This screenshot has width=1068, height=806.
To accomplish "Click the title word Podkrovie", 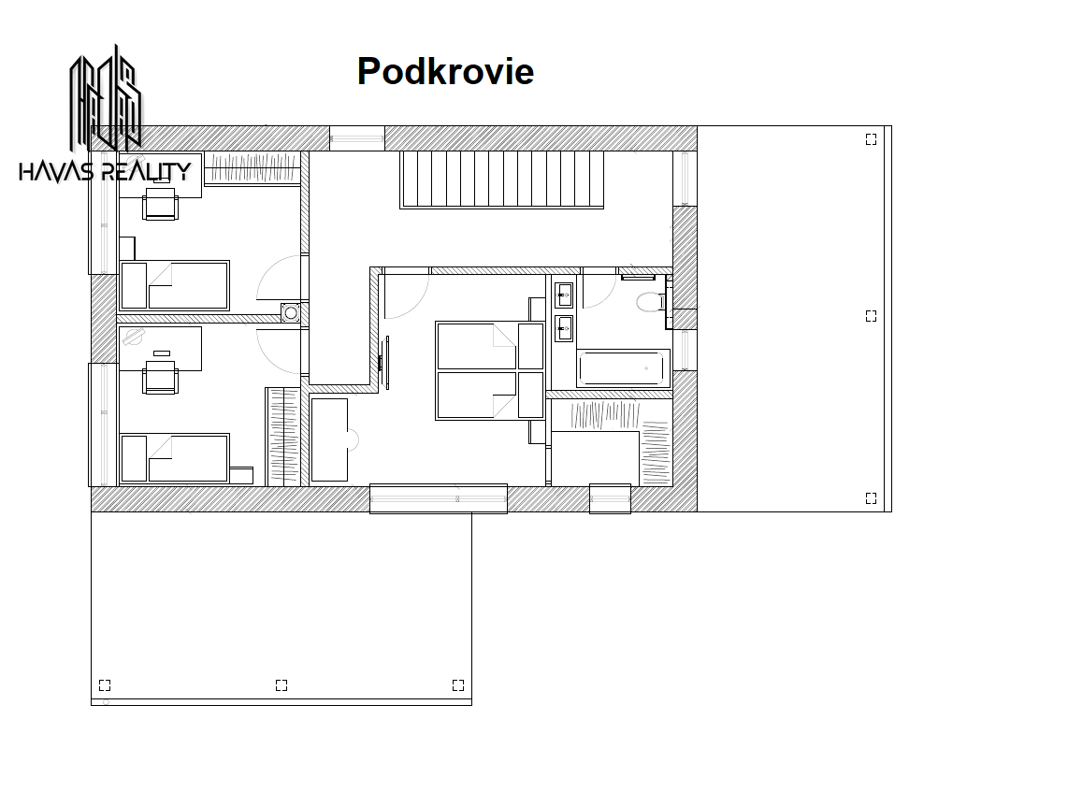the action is tap(445, 71).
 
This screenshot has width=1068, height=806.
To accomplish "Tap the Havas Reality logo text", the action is tap(105, 171).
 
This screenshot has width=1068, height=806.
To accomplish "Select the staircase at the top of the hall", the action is tap(502, 180).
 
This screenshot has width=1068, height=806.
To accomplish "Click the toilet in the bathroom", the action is tap(651, 301).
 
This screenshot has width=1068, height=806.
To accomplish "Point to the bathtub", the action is tap(620, 368).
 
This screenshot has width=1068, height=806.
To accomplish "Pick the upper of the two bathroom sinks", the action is tap(563, 295).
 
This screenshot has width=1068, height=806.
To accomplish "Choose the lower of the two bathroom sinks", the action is tap(563, 329).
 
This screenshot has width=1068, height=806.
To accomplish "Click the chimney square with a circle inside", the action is tap(291, 312).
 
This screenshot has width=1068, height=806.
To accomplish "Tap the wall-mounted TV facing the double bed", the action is tap(384, 363).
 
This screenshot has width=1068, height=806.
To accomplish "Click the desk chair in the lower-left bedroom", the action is tap(161, 379).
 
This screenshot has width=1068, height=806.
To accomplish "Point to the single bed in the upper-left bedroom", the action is tap(174, 286).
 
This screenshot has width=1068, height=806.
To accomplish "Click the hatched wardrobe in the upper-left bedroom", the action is tap(252, 167).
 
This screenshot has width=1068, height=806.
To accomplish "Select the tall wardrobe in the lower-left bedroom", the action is tap(283, 437).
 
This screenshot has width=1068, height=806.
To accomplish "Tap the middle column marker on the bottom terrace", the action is tap(281, 684).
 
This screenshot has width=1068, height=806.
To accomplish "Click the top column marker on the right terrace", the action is tap(872, 139).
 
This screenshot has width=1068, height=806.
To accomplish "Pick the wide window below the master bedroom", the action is tap(439, 499).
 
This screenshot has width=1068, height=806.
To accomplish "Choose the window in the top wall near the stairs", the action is tap(357, 138).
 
